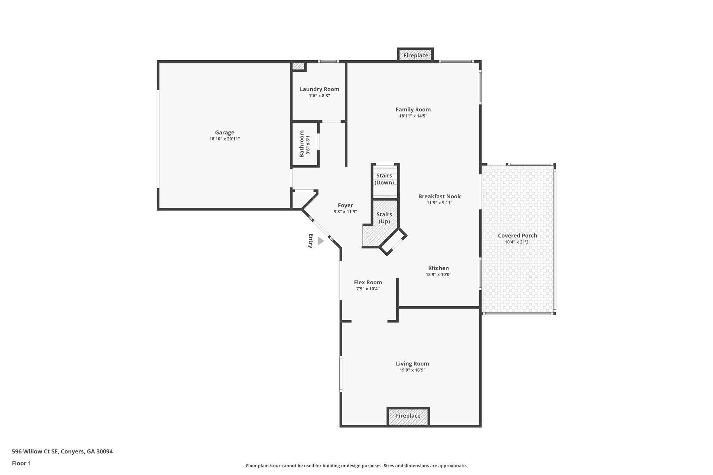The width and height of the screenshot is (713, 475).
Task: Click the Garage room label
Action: (225, 133)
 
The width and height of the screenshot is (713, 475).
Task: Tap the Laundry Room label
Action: (319, 89)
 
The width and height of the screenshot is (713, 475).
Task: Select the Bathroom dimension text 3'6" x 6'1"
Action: (308, 144)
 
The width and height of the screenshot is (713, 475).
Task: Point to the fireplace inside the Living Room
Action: (408, 416)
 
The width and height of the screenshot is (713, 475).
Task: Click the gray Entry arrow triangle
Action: (320, 241)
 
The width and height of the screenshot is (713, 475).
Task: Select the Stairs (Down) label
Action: (384, 179)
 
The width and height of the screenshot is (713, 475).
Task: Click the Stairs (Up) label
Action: (384, 218)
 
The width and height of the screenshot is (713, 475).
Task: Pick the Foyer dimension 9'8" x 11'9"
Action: (345, 212)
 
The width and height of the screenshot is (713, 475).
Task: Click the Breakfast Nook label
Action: (439, 196)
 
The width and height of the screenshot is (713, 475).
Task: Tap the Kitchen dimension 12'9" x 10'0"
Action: (438, 275)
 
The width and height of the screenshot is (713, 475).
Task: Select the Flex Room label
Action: (368, 283)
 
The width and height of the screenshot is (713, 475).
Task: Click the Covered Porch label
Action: (517, 236)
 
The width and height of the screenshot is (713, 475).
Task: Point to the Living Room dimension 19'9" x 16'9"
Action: (412, 370)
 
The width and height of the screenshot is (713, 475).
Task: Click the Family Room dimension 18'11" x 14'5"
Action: (413, 116)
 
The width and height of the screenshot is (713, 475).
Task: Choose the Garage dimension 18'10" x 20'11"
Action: (225, 139)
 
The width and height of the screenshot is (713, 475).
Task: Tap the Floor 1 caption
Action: (21, 464)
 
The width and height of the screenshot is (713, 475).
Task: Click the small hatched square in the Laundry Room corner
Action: (298, 66)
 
